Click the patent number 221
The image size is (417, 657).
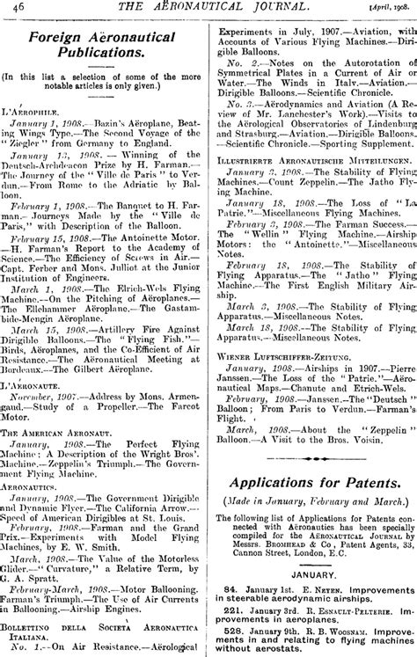pos(231,608)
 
